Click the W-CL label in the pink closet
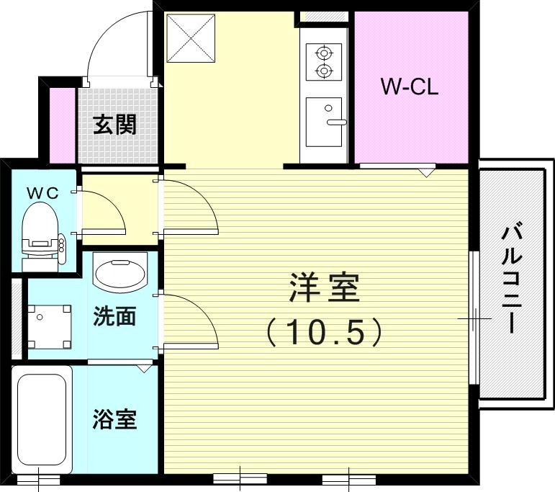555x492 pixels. coord(409,88)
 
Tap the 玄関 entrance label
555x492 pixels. coord(115,125)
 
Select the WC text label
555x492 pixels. coord(42,192)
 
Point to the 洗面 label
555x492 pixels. coord(115,316)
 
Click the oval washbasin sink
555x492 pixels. coord(119,274)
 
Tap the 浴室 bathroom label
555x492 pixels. coord(115,419)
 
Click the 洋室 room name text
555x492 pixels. coord(323,289)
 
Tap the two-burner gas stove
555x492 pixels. coord(323,62)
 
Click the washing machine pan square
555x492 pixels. coord(50,326)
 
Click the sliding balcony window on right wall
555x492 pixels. coord(474,317)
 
